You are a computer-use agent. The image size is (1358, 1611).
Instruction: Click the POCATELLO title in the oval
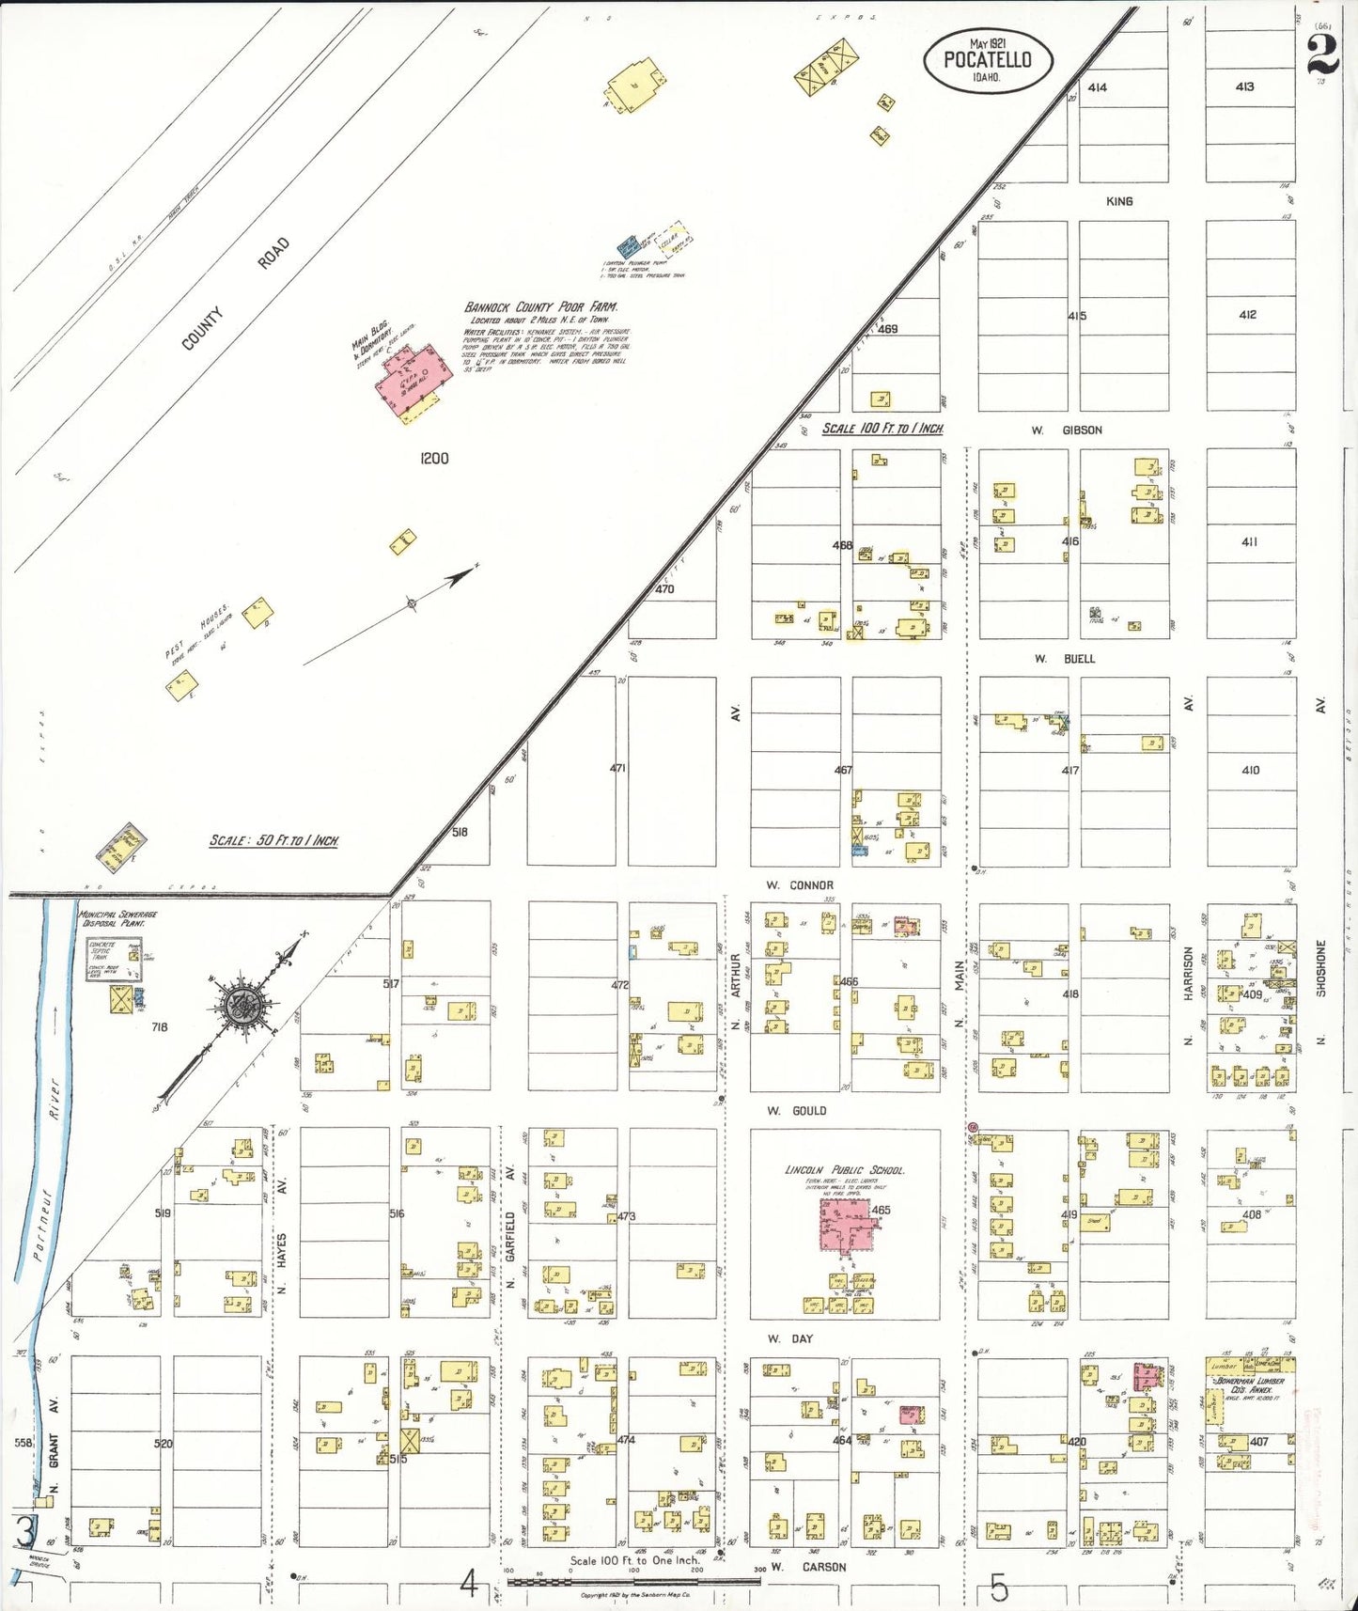click(x=987, y=59)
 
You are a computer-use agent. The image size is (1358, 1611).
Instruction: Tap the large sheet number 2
click(x=1322, y=55)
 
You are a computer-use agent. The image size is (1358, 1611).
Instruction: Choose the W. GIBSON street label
click(x=1067, y=430)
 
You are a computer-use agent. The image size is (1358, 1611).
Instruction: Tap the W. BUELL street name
click(x=1065, y=659)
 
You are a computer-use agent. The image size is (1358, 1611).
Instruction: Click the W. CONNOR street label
click(x=799, y=885)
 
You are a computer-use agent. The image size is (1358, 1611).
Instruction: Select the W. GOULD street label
click(x=796, y=1111)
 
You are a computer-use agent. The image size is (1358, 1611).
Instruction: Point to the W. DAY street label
click(x=789, y=1338)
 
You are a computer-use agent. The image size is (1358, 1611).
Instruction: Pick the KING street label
click(x=1118, y=201)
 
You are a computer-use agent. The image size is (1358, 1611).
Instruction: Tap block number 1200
click(x=434, y=459)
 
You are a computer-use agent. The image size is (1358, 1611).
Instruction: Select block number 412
click(x=1247, y=315)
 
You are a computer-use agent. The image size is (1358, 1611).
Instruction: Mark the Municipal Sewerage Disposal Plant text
click(x=117, y=918)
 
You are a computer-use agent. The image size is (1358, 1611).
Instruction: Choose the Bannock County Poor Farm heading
click(x=540, y=307)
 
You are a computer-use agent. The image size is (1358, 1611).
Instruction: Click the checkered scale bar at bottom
click(x=633, y=1582)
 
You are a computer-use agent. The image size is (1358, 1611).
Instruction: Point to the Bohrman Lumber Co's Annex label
click(x=1250, y=1385)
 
